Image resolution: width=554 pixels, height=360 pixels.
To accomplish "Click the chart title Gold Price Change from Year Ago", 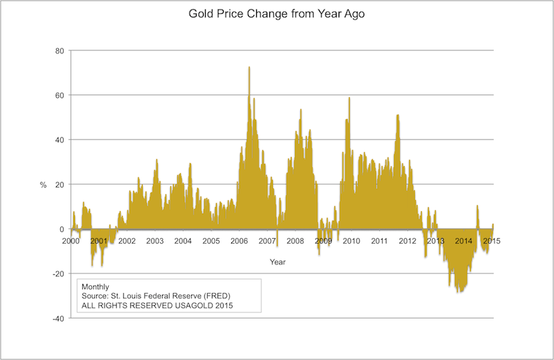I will coord(276,14).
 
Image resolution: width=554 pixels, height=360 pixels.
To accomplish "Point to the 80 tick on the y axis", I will coord(59,51).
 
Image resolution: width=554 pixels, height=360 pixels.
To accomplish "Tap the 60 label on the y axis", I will coord(59,96).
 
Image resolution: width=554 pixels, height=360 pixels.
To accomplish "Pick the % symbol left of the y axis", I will coord(43,185).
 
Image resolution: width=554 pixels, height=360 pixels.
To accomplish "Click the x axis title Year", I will coord(278,262).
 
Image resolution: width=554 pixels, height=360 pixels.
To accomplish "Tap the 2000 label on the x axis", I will coord(71,242).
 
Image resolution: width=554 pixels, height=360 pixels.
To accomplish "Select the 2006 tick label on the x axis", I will coord(240,242).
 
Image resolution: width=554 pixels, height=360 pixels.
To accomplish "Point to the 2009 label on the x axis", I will coord(323,242).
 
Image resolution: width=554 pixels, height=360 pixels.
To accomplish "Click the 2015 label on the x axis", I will coord(492,242).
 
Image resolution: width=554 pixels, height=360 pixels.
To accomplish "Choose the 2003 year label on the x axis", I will coord(155,242).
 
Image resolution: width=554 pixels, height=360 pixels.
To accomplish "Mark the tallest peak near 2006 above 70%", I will coord(249,67).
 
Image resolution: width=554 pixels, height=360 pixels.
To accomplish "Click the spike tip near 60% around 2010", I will coord(349,98).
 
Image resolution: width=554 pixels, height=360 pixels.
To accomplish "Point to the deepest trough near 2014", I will coord(458,292).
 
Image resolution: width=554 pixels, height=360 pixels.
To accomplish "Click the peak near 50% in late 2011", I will coord(397,116).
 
